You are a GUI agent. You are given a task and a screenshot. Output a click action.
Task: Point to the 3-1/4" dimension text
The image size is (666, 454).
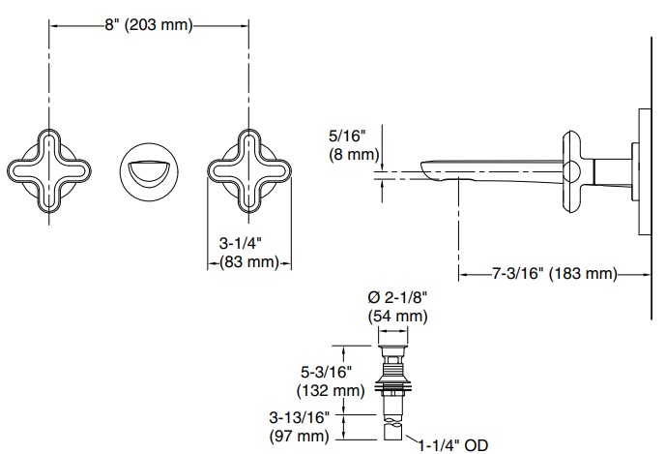click(242, 242)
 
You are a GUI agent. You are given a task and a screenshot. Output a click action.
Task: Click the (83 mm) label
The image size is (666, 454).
click(242, 262)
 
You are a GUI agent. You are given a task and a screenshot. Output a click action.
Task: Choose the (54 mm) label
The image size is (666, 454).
click(397, 316)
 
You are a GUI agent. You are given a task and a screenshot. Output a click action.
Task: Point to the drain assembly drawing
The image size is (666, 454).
click(394, 387)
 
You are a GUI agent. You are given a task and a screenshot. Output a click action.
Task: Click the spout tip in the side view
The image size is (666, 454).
click(434, 173)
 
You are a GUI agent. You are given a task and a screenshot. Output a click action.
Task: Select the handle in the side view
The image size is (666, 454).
click(572, 171)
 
